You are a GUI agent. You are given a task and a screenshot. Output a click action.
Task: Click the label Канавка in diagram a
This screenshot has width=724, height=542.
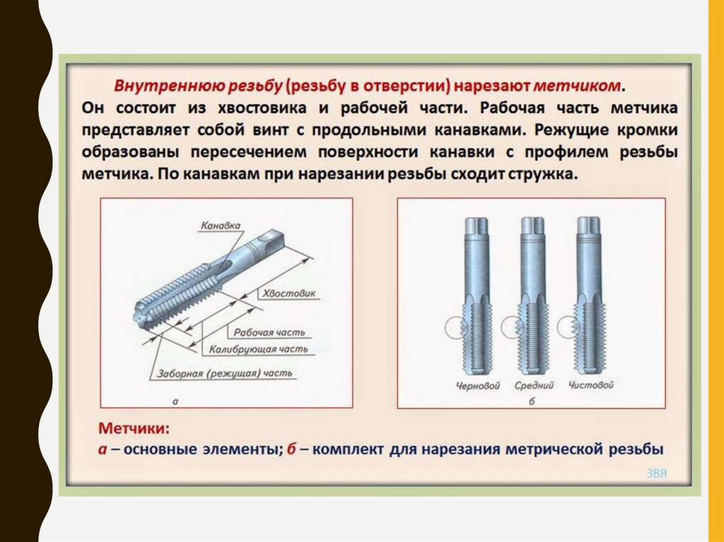point(221,225)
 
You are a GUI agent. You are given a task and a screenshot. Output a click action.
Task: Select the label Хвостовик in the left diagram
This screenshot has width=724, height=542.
point(289,293)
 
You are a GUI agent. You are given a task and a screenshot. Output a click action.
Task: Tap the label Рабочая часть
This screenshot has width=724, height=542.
point(269,332)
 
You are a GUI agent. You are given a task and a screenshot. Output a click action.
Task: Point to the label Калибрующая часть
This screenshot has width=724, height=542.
point(259,349)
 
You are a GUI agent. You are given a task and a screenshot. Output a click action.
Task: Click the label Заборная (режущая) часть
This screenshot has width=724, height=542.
point(224,373)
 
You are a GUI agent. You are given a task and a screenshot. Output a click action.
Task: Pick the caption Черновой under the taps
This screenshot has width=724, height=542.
point(478,386)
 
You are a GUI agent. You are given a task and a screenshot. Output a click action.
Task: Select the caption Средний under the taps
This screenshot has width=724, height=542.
point(535,386)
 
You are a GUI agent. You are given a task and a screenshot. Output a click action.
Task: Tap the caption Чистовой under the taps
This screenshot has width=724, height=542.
point(591,385)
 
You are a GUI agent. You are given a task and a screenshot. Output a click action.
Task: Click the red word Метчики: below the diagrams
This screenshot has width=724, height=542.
point(134,428)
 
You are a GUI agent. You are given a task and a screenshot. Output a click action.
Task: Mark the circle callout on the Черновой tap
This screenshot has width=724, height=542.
point(457,327)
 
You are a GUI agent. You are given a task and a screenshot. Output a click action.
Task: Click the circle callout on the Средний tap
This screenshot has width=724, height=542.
point(513,327)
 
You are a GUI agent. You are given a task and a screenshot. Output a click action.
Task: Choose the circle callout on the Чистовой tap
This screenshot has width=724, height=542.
point(569,327)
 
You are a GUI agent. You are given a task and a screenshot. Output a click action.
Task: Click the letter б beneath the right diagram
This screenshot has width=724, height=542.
point(532,401)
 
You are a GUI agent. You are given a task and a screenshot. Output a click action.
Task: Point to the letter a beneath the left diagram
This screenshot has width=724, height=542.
point(175,401)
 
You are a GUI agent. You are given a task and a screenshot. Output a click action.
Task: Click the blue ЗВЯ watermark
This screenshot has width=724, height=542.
point(656,473)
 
